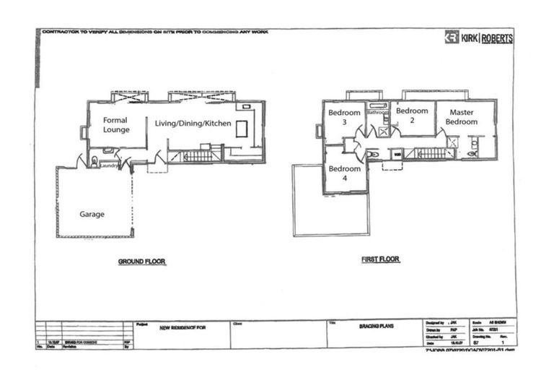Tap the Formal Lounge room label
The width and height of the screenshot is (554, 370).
[115, 125]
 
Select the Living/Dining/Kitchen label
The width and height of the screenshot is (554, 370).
[193, 124]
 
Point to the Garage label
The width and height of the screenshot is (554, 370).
[92, 215]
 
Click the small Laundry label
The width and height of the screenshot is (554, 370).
[109, 165]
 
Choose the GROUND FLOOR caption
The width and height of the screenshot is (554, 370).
[142, 262]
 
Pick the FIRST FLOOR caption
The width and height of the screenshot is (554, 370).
[380, 259]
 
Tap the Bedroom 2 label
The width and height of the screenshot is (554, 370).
[412, 116]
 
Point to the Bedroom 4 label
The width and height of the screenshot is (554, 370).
[344, 173]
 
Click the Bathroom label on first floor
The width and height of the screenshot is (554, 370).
[378, 113]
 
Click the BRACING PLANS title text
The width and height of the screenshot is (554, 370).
[374, 327]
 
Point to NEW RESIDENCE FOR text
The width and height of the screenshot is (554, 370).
[183, 327]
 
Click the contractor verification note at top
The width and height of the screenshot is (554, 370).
[155, 33]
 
